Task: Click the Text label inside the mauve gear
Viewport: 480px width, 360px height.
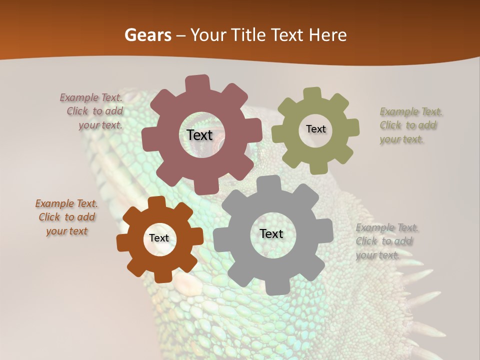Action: (199, 135)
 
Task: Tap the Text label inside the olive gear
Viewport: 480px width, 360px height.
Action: (315, 129)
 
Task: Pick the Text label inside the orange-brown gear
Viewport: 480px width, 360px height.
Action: (159, 238)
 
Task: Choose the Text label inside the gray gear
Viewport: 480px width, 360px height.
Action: (271, 234)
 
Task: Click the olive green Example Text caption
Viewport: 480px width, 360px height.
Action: (410, 125)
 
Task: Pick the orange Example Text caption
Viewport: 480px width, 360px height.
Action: (66, 217)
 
